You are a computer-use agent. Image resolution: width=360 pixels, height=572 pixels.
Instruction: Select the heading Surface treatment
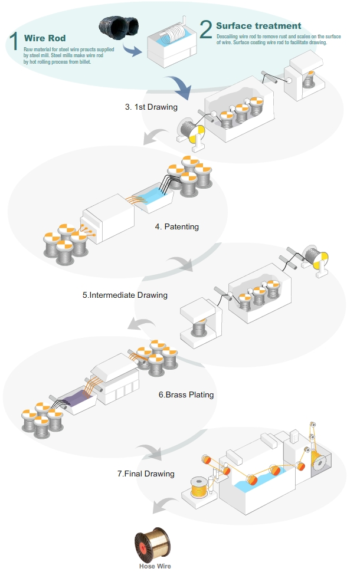coord(258,26)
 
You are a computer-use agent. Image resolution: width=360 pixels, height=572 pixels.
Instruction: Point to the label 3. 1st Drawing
coord(151,107)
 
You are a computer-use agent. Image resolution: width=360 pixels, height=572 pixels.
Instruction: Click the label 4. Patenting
coord(177,226)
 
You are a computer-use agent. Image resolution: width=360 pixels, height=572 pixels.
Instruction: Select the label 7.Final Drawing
coord(146,473)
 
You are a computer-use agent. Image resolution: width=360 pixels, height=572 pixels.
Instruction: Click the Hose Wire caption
coord(155,566)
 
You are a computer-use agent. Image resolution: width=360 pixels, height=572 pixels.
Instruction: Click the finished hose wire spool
coord(155,545)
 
